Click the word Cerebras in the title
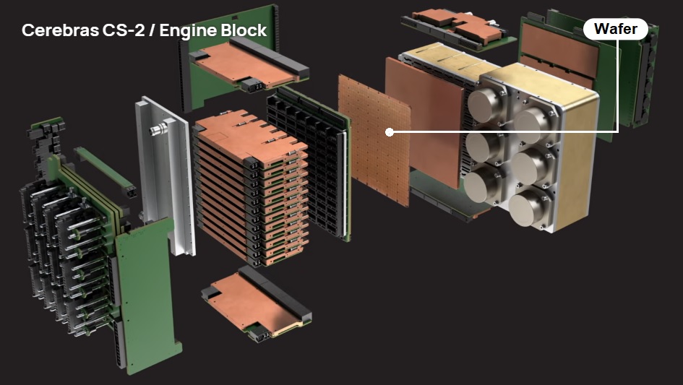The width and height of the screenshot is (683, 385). coord(61,30)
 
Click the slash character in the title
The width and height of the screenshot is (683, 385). coord(152,30)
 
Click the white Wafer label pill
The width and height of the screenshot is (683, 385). coord(616,29)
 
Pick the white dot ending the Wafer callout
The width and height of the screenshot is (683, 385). coord(390,132)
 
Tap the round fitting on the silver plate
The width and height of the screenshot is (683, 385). coord(158,129)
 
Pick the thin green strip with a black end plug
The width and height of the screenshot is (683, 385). coord(105,172)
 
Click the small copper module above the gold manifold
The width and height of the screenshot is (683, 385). coord(457,25)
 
